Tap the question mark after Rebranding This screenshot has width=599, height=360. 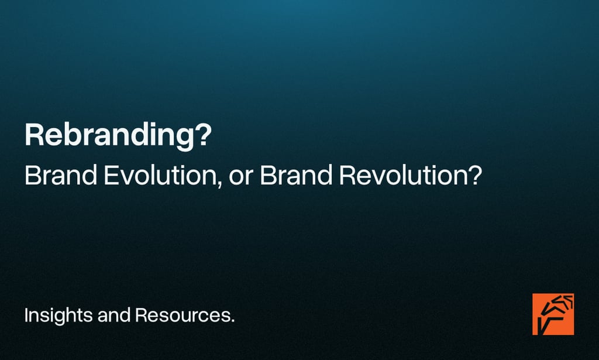(x=202, y=135)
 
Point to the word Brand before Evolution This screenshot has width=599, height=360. (x=61, y=175)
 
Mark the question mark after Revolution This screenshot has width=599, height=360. (x=474, y=175)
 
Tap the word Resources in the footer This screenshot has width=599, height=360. (x=181, y=316)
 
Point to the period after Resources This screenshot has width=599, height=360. (x=232, y=322)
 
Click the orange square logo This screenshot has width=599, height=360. (x=553, y=314)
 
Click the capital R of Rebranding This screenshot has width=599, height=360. (x=33, y=135)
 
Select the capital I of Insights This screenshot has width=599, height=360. (x=26, y=316)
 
